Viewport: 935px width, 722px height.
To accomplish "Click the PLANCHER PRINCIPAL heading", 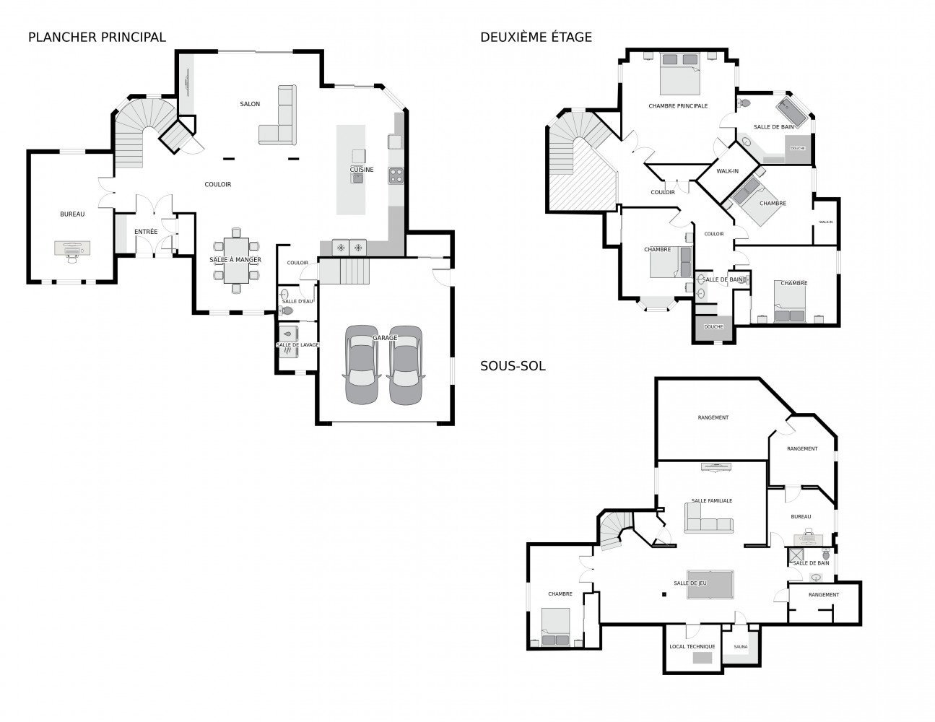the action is pyautogui.click(x=97, y=38).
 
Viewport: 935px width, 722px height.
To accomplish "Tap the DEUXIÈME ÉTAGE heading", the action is pyautogui.click(x=536, y=38).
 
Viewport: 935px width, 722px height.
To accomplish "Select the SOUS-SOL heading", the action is pyautogui.click(x=513, y=366).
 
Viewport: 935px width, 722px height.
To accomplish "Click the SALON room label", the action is pyautogui.click(x=250, y=104).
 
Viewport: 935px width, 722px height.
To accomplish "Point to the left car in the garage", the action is pyautogui.click(x=362, y=365).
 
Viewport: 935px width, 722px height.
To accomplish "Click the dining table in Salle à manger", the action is pyautogui.click(x=236, y=261).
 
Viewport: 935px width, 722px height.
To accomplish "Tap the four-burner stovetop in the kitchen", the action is pyautogui.click(x=396, y=175).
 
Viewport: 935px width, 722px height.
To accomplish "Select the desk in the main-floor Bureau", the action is pyautogui.click(x=72, y=248).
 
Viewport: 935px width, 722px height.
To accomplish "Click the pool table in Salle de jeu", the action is pyautogui.click(x=710, y=584).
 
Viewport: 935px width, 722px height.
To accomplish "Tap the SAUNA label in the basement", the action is pyautogui.click(x=741, y=647).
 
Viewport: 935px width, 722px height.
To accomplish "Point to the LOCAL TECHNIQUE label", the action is pyautogui.click(x=692, y=647).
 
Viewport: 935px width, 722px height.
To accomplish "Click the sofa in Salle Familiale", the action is pyautogui.click(x=708, y=518).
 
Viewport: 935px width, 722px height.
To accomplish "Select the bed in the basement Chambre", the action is pyautogui.click(x=556, y=627).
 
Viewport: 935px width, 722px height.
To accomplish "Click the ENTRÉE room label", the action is pyautogui.click(x=146, y=232).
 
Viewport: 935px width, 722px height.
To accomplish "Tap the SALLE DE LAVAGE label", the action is pyautogui.click(x=297, y=345).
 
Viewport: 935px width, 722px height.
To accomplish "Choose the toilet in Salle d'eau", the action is pyautogui.click(x=286, y=310).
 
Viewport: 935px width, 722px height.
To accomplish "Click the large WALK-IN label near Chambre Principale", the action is pyautogui.click(x=727, y=171).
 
